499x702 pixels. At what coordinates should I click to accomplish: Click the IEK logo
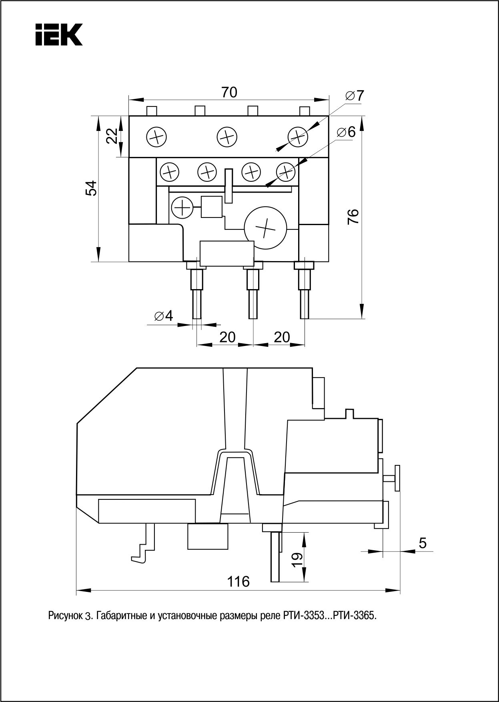point(59,34)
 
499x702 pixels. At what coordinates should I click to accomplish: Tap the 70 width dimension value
point(230,93)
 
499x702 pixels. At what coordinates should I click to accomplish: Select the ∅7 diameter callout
point(355,96)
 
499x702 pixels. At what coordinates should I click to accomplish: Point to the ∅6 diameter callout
point(346,132)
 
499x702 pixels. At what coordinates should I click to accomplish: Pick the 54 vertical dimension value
point(92,188)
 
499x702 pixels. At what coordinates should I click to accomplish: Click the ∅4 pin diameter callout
point(163,316)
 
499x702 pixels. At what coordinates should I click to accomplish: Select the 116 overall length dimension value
point(238,581)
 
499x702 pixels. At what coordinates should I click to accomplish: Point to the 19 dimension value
point(297,558)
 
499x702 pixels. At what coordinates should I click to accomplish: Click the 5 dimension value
point(423,543)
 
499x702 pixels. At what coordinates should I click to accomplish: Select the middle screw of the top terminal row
point(227,137)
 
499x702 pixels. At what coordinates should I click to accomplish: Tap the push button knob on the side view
point(397,477)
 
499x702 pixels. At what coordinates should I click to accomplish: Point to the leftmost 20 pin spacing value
point(227,337)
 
